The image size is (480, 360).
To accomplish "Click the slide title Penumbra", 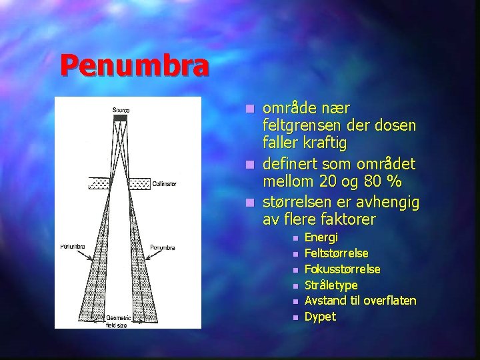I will click(133, 65).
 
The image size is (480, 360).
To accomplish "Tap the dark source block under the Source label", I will click(120, 117).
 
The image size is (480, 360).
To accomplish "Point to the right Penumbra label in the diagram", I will click(162, 247).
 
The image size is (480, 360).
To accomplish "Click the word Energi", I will click(321, 237).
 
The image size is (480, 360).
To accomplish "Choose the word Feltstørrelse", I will click(336, 253).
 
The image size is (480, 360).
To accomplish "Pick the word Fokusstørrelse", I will click(342, 269).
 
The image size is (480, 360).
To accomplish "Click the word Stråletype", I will click(331, 285).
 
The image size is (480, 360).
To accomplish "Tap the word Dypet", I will click(320, 317).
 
